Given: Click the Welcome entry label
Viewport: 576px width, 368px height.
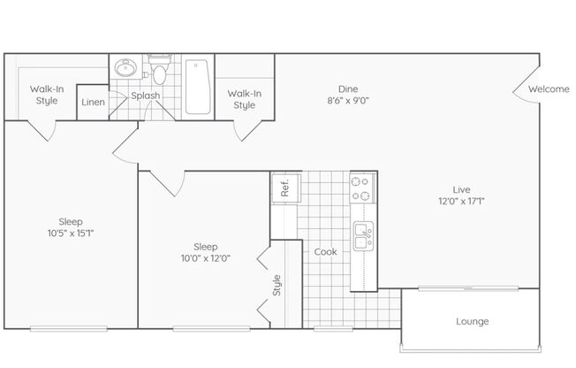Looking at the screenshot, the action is click(549, 88).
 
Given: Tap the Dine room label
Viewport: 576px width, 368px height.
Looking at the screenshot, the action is click(348, 89).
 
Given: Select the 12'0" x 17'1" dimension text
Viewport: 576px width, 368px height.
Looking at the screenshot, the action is click(461, 202).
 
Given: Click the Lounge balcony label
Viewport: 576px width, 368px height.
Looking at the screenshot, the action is click(473, 322).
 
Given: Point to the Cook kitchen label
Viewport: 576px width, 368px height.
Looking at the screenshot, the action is click(325, 252).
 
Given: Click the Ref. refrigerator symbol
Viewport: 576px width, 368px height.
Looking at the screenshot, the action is click(286, 188).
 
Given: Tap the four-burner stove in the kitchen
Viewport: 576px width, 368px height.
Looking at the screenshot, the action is click(362, 188).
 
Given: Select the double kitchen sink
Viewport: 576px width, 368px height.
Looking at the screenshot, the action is click(363, 236).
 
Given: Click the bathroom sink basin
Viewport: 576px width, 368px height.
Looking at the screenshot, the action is click(125, 68).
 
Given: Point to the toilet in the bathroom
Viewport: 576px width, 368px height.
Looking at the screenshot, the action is click(159, 69).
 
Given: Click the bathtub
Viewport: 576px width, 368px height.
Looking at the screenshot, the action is click(198, 88).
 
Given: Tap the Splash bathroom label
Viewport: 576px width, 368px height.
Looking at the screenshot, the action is click(146, 96).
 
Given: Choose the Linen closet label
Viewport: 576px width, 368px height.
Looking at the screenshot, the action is click(93, 102).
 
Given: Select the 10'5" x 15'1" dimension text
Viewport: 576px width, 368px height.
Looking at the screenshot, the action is click(71, 234).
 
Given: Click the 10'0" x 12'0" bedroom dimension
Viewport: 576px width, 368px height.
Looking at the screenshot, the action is click(205, 258).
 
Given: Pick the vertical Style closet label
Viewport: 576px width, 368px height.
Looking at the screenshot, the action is click(277, 285).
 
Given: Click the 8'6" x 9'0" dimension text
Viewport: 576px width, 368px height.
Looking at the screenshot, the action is click(348, 101).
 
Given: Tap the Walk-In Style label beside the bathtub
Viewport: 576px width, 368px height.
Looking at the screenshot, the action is click(245, 99).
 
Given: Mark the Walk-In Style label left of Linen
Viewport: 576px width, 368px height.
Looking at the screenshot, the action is click(47, 95).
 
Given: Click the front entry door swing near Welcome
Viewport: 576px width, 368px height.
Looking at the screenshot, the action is click(521, 87).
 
